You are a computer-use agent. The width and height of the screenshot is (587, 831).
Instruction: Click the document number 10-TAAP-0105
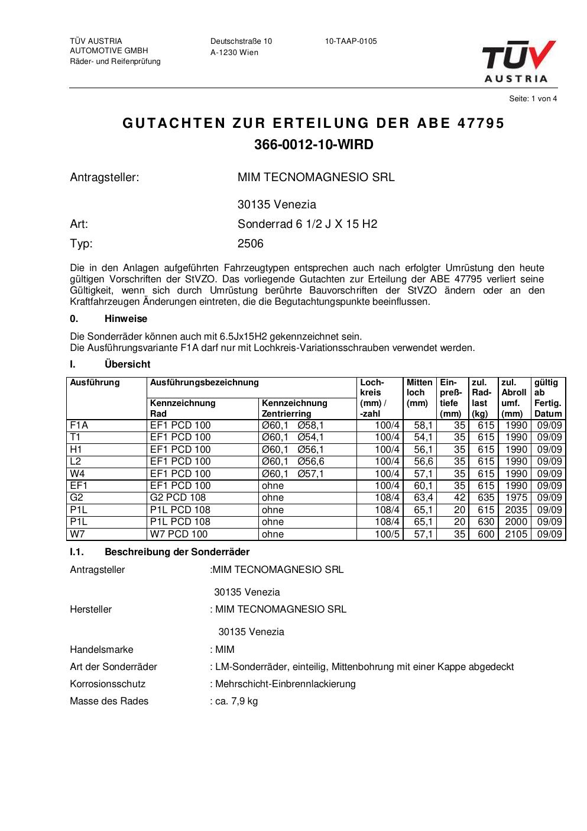click(x=351, y=41)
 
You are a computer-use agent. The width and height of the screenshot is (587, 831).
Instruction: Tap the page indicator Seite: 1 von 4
click(x=533, y=99)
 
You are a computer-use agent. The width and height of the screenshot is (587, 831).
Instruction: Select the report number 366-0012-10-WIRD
click(x=314, y=144)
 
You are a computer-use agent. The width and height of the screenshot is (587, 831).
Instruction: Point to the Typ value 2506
click(x=251, y=243)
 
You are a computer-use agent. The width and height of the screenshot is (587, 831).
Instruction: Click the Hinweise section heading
click(x=126, y=319)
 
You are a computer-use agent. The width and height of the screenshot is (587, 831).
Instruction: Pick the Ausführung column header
click(x=95, y=383)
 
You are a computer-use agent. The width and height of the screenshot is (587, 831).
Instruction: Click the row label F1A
click(x=79, y=426)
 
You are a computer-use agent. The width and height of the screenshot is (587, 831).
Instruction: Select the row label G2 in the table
click(x=77, y=498)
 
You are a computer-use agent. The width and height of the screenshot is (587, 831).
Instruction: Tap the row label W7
click(x=78, y=534)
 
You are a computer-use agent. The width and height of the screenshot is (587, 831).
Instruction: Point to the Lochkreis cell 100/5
click(x=387, y=534)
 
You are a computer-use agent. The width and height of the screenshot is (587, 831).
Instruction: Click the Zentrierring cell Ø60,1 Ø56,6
click(x=293, y=462)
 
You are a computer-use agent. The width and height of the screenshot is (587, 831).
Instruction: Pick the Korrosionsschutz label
click(x=108, y=684)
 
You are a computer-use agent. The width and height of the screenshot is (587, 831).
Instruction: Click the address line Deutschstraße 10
click(x=241, y=41)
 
